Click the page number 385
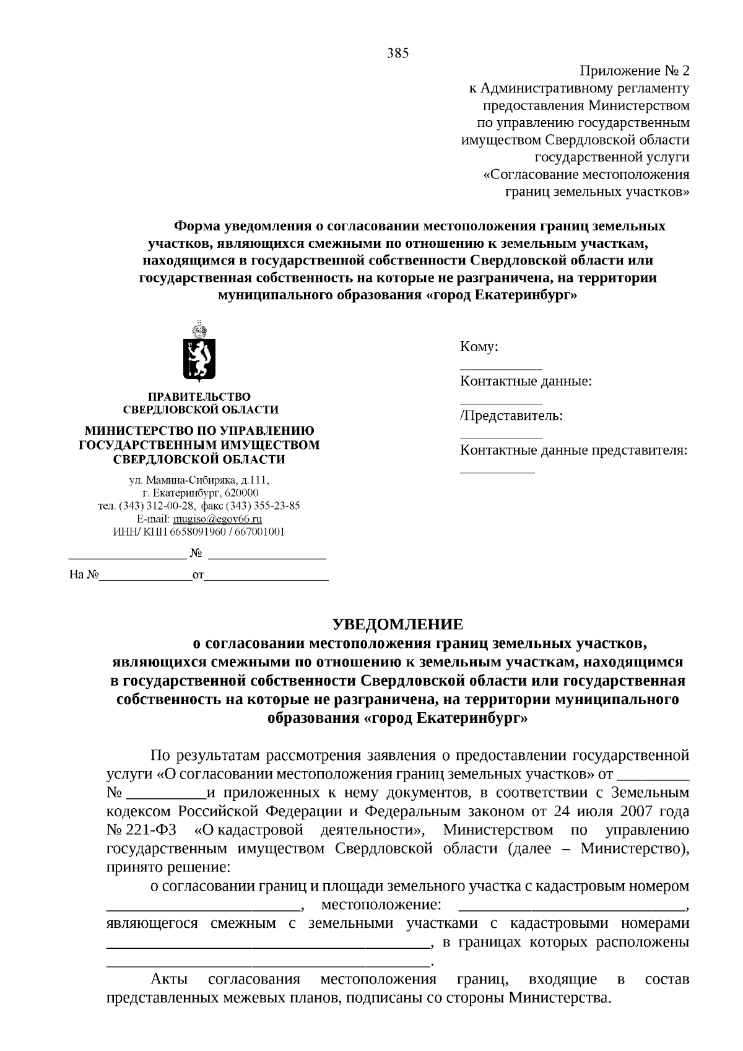coord(398,53)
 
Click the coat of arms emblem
coord(199,351)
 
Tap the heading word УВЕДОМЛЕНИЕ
coord(398,624)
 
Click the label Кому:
coord(479,347)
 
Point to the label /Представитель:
coord(511,415)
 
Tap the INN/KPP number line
coord(199,531)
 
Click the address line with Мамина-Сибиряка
coord(199,480)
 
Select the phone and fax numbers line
coord(199,505)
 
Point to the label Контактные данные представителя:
coord(573,450)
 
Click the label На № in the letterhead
coord(84,575)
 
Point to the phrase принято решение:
coord(168,866)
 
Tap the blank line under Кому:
coord(500,369)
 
